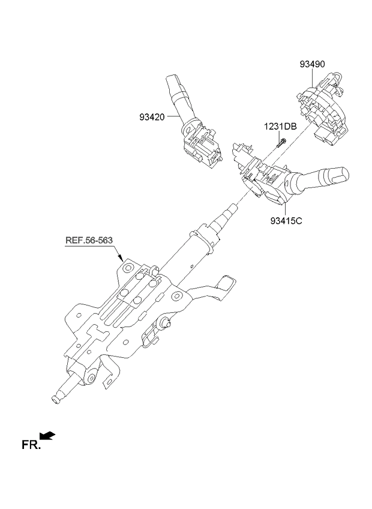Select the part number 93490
tap(313, 64)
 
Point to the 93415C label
tap(286, 220)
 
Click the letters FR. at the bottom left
tap(31, 445)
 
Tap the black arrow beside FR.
tap(48, 436)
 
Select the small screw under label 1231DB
tap(280, 143)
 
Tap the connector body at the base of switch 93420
tap(201, 147)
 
